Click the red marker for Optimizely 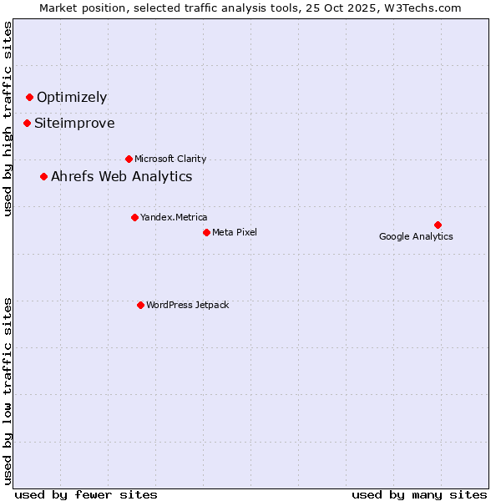click(x=29, y=97)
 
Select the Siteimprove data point click(x=27, y=123)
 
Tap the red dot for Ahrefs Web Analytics click(x=43, y=176)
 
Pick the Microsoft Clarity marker click(x=129, y=159)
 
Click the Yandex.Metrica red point click(x=134, y=217)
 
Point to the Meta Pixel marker click(x=206, y=232)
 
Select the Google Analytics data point click(x=438, y=225)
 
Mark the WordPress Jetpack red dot click(x=140, y=305)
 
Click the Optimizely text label click(x=72, y=97)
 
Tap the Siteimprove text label click(x=74, y=124)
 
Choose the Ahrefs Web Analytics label click(x=121, y=176)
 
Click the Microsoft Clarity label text click(x=170, y=159)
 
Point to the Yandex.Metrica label click(x=174, y=217)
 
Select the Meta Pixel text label click(x=235, y=232)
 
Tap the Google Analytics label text click(x=416, y=236)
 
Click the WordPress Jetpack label click(x=187, y=305)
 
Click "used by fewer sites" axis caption click(x=86, y=494)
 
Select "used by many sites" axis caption click(x=418, y=494)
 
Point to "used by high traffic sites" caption click(x=8, y=119)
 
